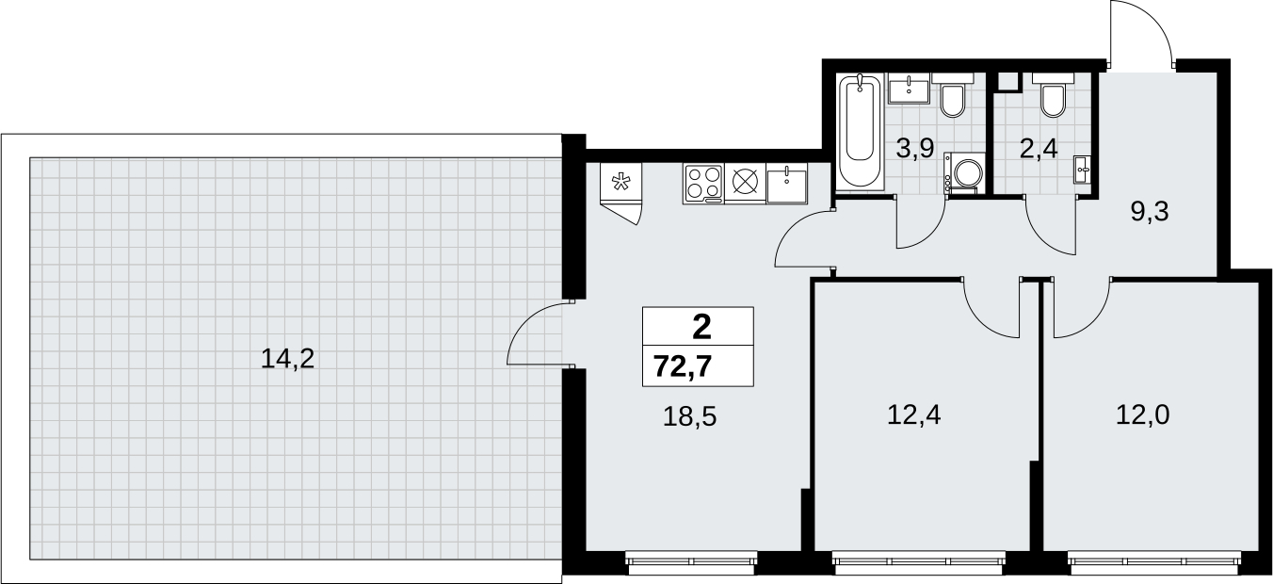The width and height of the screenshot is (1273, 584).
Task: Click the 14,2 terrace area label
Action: [x=287, y=360]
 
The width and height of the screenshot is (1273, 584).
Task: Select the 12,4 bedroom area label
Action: [x=914, y=415]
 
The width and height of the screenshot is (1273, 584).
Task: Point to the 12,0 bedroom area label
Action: [x=1143, y=415]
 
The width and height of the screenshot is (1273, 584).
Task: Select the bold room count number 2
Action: [x=702, y=328]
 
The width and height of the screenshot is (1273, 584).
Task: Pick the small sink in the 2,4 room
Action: [x=1082, y=170]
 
